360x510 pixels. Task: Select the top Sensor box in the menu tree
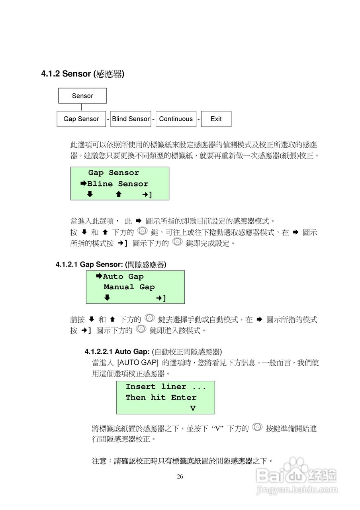point(82,96)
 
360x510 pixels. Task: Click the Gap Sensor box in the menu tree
point(81,119)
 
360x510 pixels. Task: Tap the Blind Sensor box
point(131,119)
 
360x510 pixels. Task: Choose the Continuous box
point(176,119)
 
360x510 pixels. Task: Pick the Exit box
point(216,119)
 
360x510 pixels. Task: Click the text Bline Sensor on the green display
point(117,184)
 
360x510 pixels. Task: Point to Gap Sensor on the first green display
point(113,173)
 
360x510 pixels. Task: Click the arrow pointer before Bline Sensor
point(84,184)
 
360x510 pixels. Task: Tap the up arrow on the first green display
point(119,194)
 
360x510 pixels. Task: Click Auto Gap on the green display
point(123,277)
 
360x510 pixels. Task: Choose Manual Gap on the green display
point(129,287)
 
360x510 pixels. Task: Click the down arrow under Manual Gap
point(107,298)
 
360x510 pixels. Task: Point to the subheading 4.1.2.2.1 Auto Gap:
point(117,351)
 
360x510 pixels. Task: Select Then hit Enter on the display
point(161,397)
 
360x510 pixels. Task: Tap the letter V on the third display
point(193,408)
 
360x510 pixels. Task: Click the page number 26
point(180,477)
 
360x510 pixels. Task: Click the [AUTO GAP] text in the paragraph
point(138,363)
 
